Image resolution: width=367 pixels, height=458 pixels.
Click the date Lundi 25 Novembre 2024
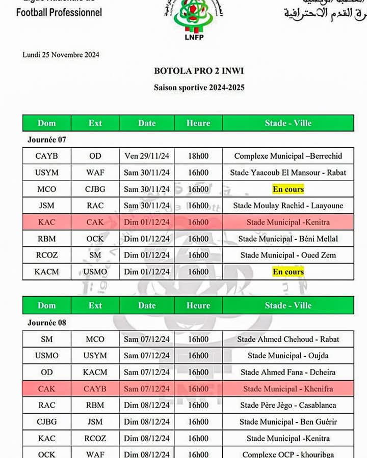coord(61,54)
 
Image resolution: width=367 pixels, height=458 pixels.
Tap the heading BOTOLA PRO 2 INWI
coord(199,71)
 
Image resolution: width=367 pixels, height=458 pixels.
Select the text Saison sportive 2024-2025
coord(199,88)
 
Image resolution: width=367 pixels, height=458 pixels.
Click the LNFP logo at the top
coord(195,20)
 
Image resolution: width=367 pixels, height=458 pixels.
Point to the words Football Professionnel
coord(59,12)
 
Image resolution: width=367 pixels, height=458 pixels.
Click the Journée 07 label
coord(46,139)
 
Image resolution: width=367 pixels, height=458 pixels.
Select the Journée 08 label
coord(46,322)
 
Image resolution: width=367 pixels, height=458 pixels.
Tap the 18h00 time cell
coord(198,156)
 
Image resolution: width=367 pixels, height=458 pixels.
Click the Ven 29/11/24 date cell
coord(147,156)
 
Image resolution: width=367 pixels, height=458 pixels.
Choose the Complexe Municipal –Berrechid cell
coord(288,156)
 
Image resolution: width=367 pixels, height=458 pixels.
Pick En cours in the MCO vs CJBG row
coord(288,189)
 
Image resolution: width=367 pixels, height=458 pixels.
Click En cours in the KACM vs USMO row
coord(288,272)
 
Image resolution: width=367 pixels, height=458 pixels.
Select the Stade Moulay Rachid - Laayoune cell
coord(288,206)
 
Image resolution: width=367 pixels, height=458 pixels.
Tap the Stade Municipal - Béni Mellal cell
coord(288,239)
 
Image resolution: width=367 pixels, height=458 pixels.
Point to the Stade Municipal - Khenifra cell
coord(288,389)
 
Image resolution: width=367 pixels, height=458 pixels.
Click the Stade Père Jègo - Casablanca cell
coord(288,405)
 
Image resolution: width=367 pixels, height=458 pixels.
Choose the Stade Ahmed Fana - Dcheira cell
coord(288,372)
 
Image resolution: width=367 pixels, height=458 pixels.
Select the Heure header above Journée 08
coord(198,305)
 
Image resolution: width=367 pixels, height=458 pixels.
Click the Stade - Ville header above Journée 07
coord(288,123)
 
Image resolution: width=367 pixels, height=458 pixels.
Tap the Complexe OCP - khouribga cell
coord(288,454)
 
